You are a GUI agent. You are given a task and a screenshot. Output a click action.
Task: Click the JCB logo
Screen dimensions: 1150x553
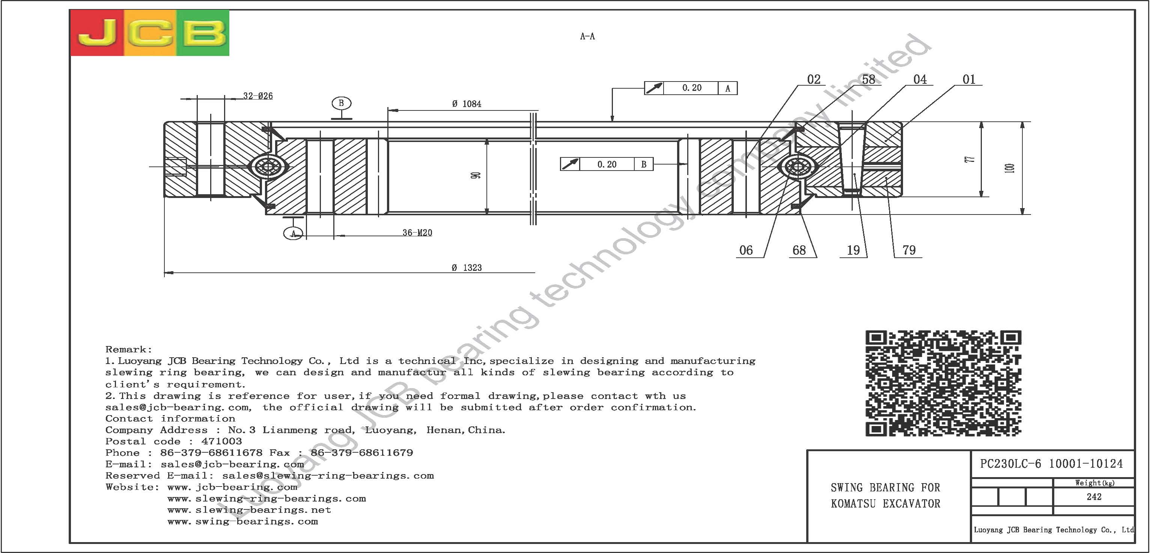click(149, 33)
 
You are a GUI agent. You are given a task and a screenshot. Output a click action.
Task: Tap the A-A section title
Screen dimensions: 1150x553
click(587, 36)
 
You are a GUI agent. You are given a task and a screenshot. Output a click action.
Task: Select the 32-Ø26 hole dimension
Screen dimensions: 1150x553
click(258, 95)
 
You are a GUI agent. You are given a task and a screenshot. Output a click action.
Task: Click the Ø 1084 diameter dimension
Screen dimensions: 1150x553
click(467, 104)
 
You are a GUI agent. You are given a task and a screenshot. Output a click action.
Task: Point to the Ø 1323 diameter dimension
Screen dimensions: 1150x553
click(467, 267)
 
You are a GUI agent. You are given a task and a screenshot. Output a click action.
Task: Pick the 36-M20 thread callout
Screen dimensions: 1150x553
click(417, 233)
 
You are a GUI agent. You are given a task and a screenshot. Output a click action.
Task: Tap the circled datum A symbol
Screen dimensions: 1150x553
click(293, 233)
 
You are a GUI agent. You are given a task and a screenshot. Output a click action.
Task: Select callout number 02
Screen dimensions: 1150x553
click(814, 80)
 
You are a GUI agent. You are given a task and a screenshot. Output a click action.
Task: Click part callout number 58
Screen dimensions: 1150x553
click(868, 80)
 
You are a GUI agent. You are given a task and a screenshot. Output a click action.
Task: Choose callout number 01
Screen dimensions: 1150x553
click(969, 80)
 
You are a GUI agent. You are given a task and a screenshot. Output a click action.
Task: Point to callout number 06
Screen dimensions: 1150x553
click(746, 250)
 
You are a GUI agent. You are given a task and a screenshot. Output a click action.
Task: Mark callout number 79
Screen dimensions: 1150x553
click(909, 250)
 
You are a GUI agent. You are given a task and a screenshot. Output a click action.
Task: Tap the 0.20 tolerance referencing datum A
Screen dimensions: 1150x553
click(691, 88)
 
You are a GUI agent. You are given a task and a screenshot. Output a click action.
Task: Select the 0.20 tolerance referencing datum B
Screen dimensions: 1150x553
click(607, 165)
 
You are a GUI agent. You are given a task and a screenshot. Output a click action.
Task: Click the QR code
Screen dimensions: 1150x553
click(943, 383)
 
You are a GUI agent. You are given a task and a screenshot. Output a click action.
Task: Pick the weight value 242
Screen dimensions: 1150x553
click(1094, 497)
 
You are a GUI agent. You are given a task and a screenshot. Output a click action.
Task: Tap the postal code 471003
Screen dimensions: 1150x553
click(221, 441)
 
